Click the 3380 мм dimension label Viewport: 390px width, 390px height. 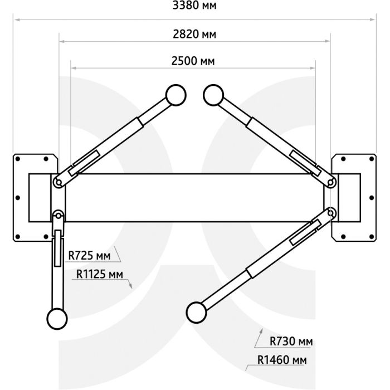coord(194,5)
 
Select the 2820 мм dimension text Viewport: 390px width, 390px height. coord(194,34)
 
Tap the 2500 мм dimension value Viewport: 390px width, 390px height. coord(193,61)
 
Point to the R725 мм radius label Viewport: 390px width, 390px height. coord(89,255)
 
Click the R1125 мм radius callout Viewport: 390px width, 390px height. coord(100,274)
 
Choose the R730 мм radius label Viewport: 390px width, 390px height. coord(291,341)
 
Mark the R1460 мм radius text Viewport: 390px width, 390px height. coord(282,360)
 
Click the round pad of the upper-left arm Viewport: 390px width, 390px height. coord(176,95)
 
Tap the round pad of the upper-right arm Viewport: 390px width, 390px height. coord(213,95)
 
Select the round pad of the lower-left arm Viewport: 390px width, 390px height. coord(57,319)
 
